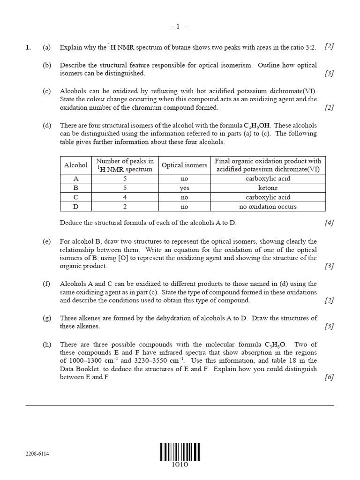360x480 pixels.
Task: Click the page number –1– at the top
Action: (180, 27)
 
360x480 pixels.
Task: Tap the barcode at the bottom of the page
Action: (180, 452)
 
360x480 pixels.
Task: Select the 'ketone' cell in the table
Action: (268, 188)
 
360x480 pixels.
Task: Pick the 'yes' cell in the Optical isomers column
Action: (184, 188)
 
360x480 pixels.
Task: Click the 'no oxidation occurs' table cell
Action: (268, 206)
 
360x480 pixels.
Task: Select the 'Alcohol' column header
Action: (76, 165)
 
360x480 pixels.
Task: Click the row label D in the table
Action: (76, 206)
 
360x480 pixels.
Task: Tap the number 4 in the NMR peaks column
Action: (125, 197)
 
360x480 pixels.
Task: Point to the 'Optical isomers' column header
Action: (184, 165)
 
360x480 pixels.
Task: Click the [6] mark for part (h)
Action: (329, 377)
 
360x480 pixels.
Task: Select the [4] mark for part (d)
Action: (329, 223)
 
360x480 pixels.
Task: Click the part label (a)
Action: (46, 47)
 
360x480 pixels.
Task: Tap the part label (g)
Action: (46, 318)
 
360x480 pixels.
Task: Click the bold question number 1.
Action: (28, 47)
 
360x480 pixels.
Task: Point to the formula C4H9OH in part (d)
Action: (257, 126)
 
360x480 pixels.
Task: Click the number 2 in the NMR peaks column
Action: (125, 206)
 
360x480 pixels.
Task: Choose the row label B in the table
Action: (76, 188)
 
